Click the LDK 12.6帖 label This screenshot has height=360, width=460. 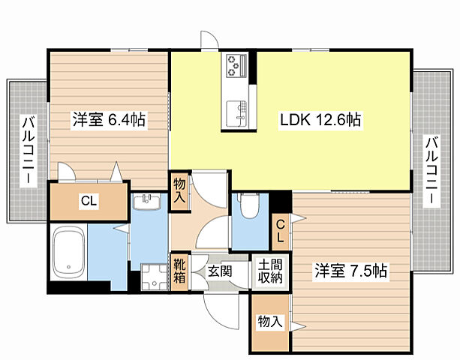(x=322, y=119)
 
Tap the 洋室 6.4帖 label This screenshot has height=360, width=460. (x=109, y=119)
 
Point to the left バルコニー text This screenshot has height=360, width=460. (x=28, y=151)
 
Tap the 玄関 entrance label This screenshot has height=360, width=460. (x=220, y=271)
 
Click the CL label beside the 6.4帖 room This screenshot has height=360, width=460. (x=88, y=200)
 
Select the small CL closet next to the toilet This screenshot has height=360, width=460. (x=279, y=230)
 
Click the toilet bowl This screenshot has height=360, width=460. (x=248, y=208)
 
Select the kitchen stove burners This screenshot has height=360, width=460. (x=236, y=67)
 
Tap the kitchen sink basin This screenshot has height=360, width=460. (x=238, y=112)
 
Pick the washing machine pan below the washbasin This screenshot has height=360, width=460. (x=152, y=277)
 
